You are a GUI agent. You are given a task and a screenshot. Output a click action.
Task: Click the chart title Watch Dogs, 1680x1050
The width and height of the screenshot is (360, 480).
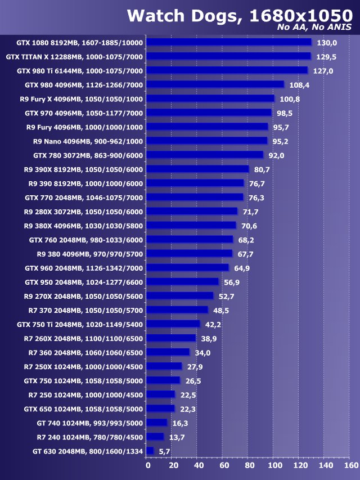point(238,15)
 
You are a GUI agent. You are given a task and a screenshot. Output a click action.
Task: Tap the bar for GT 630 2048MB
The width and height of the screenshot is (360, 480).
point(150,451)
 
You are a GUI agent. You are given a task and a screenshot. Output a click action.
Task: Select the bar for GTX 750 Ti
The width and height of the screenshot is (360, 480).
point(173,324)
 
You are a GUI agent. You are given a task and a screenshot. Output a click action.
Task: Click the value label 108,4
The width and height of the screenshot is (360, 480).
point(299,85)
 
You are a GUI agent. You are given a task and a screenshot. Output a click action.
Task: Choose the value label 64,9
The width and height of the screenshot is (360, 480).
point(241,268)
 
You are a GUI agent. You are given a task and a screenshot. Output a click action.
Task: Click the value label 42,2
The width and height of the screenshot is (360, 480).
point(213,324)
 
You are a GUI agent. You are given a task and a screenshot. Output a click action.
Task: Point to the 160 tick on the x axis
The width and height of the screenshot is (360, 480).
point(350,465)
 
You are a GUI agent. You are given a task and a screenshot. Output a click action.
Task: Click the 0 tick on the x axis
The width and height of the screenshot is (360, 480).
point(148,465)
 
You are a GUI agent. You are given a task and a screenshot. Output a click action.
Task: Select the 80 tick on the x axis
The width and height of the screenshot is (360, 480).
point(249,465)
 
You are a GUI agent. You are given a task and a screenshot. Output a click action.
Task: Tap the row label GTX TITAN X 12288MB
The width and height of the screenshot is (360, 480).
point(74,57)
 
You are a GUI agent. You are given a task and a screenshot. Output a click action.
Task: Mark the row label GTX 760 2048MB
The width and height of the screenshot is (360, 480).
point(86,240)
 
